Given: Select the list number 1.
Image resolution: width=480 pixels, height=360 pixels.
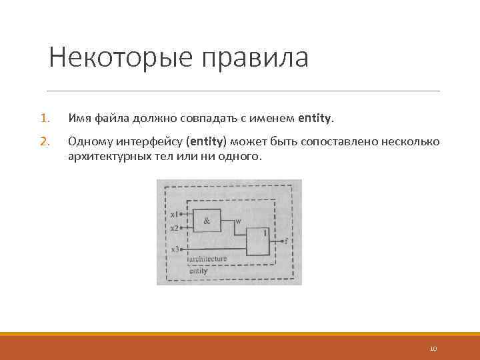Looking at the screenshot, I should pos(44,119).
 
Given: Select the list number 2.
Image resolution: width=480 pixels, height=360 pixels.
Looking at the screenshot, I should pos(45,142).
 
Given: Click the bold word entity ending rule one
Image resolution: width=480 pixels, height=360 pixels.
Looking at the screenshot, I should pos(315,119).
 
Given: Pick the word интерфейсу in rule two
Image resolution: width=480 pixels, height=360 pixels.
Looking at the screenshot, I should pos(152,142).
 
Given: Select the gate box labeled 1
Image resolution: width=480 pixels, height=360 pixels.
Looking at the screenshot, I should pos(259,241).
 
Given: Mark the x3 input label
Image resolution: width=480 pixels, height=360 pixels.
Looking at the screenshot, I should pos(174,249).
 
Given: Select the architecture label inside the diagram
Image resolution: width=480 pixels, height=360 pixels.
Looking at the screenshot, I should pos(208,259).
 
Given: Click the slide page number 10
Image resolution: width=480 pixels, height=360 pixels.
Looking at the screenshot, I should pos(433,348).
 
